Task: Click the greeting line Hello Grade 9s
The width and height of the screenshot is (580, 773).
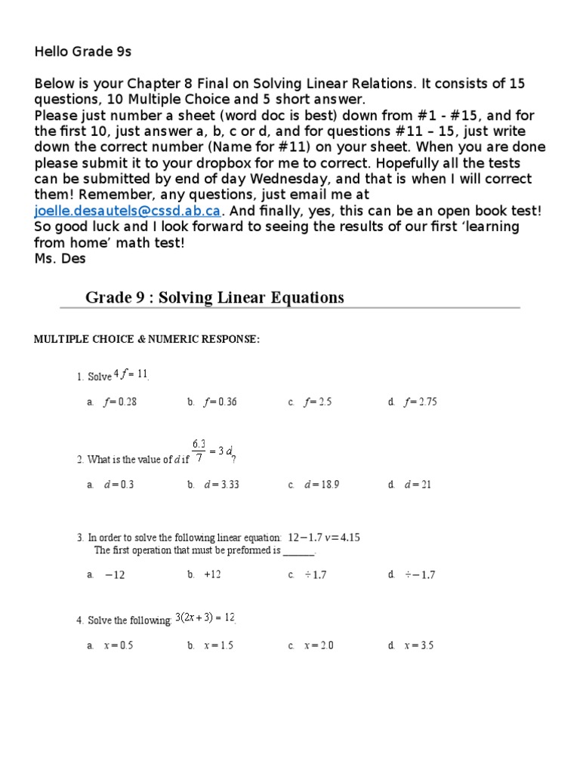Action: pyautogui.click(x=83, y=51)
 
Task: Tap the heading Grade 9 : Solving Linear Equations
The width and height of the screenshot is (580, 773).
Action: pyautogui.click(x=214, y=297)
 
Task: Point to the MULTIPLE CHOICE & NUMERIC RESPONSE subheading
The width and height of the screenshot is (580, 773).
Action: pyautogui.click(x=147, y=340)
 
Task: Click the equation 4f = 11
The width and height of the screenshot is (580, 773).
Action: pyautogui.click(x=131, y=374)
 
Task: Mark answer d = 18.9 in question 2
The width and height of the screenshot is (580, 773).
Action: pyautogui.click(x=321, y=485)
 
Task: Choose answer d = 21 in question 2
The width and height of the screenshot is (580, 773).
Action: pyautogui.click(x=418, y=485)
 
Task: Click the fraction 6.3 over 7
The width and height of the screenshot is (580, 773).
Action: pyautogui.click(x=199, y=450)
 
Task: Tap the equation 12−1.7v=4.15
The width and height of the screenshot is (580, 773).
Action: pyautogui.click(x=324, y=538)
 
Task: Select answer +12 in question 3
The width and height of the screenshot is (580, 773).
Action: pyautogui.click(x=212, y=575)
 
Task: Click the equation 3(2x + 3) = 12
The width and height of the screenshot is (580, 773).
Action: pyautogui.click(x=205, y=618)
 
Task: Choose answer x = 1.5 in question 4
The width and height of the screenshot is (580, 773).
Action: pyautogui.click(x=218, y=645)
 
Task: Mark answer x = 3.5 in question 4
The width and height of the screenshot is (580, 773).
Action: pyautogui.click(x=419, y=645)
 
